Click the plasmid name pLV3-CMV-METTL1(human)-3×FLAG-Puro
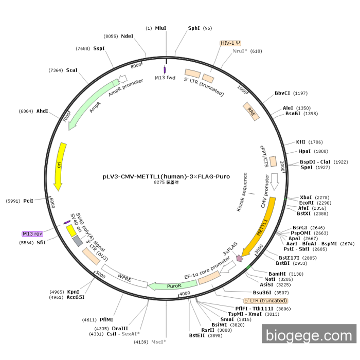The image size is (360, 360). (x=166, y=176)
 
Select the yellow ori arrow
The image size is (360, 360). (x=60, y=166)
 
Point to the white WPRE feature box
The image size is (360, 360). (x=124, y=276)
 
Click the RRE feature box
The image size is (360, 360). (x=251, y=112)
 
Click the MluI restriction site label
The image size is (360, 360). (x=161, y=28)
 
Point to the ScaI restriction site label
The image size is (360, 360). (x=71, y=70)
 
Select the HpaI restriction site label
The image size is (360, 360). (x=305, y=151)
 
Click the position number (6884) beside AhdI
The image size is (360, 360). (x=26, y=111)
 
